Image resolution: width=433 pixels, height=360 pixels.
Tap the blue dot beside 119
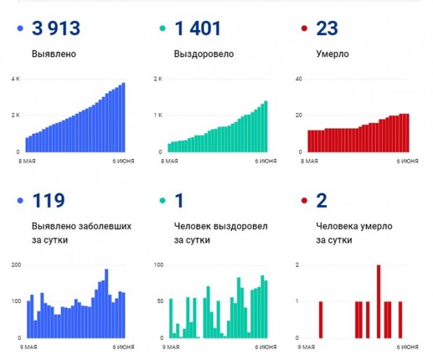coord(20,202)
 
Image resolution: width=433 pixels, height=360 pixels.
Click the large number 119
coord(48,202)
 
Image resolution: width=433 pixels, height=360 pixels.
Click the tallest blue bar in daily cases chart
coord(106,304)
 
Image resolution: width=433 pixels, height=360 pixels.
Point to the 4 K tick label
coord(15,79)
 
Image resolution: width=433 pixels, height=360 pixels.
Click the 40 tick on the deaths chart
coord(298,79)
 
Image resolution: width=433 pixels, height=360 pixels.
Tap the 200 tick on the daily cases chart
coord(15,266)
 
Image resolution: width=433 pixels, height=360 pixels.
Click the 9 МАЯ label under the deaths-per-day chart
coord(307,346)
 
